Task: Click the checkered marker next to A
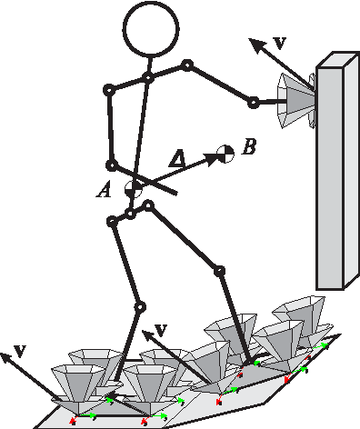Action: (133, 188)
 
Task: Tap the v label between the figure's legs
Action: (163, 328)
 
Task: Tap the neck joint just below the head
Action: (148, 77)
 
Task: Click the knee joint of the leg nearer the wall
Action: (218, 271)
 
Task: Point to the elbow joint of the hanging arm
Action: (111, 165)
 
